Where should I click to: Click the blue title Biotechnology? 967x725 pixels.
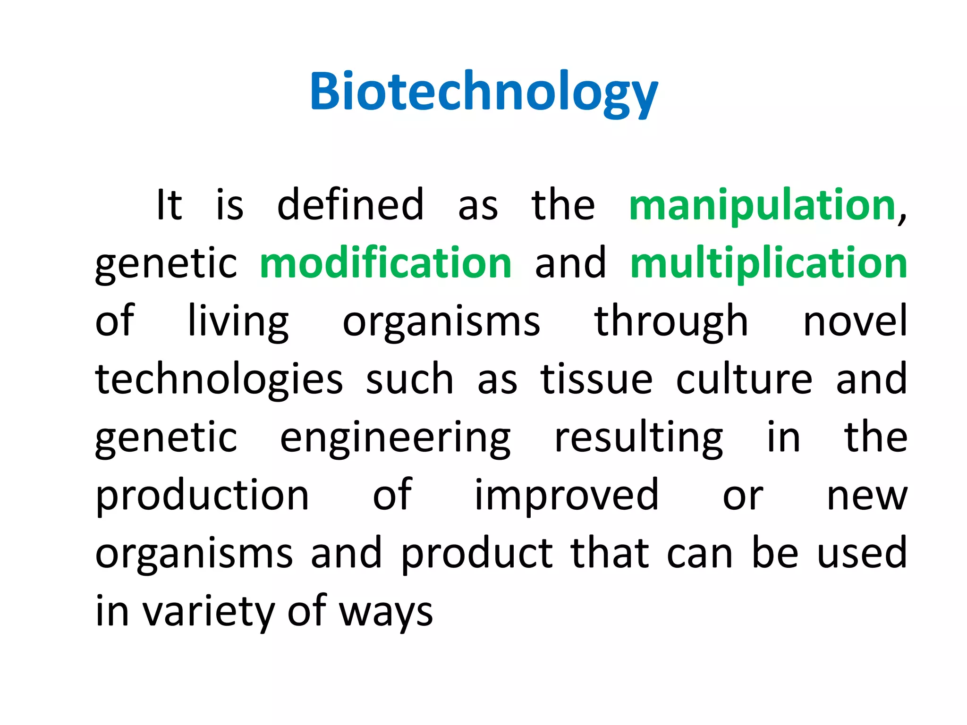click(483, 92)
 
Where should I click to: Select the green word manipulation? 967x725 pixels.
click(762, 205)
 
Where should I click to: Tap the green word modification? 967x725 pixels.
click(386, 263)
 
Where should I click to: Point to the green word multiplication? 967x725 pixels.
click(769, 263)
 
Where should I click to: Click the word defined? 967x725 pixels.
click(350, 205)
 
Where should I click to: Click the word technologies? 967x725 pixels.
click(219, 380)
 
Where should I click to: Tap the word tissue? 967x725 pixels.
click(596, 380)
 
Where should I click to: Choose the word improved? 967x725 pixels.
click(566, 496)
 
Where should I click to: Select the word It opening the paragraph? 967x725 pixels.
click(169, 205)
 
